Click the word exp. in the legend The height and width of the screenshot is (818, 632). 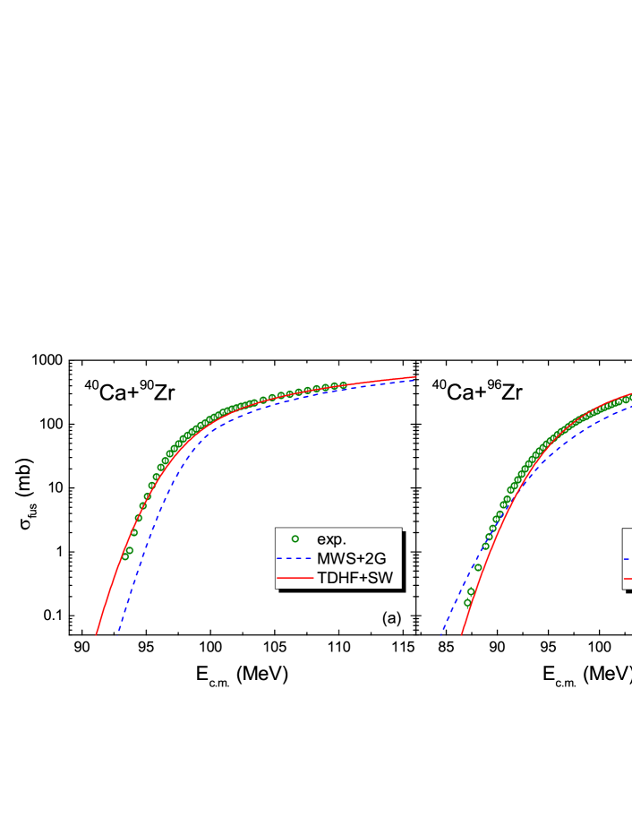[x=331, y=539]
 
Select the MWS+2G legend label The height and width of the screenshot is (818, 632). [x=352, y=558]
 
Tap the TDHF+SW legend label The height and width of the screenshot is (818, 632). [x=354, y=578]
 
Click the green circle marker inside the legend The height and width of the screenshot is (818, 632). [x=295, y=539]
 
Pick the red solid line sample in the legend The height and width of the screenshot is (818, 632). [x=295, y=578]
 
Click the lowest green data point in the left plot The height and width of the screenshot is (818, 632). [x=125, y=556]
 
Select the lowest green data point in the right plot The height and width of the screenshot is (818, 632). [x=467, y=603]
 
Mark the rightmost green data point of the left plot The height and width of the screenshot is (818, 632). [x=343, y=385]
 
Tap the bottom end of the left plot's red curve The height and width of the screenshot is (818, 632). [x=97, y=634]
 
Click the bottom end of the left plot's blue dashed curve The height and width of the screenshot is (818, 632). [x=118, y=632]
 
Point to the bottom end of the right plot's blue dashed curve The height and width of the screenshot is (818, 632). [x=440, y=634]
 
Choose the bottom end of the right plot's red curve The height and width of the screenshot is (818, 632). [x=461, y=634]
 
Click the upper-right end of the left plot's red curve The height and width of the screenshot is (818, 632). [x=416, y=376]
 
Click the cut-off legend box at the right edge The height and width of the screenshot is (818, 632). [x=627, y=558]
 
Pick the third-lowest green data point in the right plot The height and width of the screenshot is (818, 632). [x=478, y=567]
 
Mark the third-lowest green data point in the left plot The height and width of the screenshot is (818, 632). [x=134, y=533]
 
